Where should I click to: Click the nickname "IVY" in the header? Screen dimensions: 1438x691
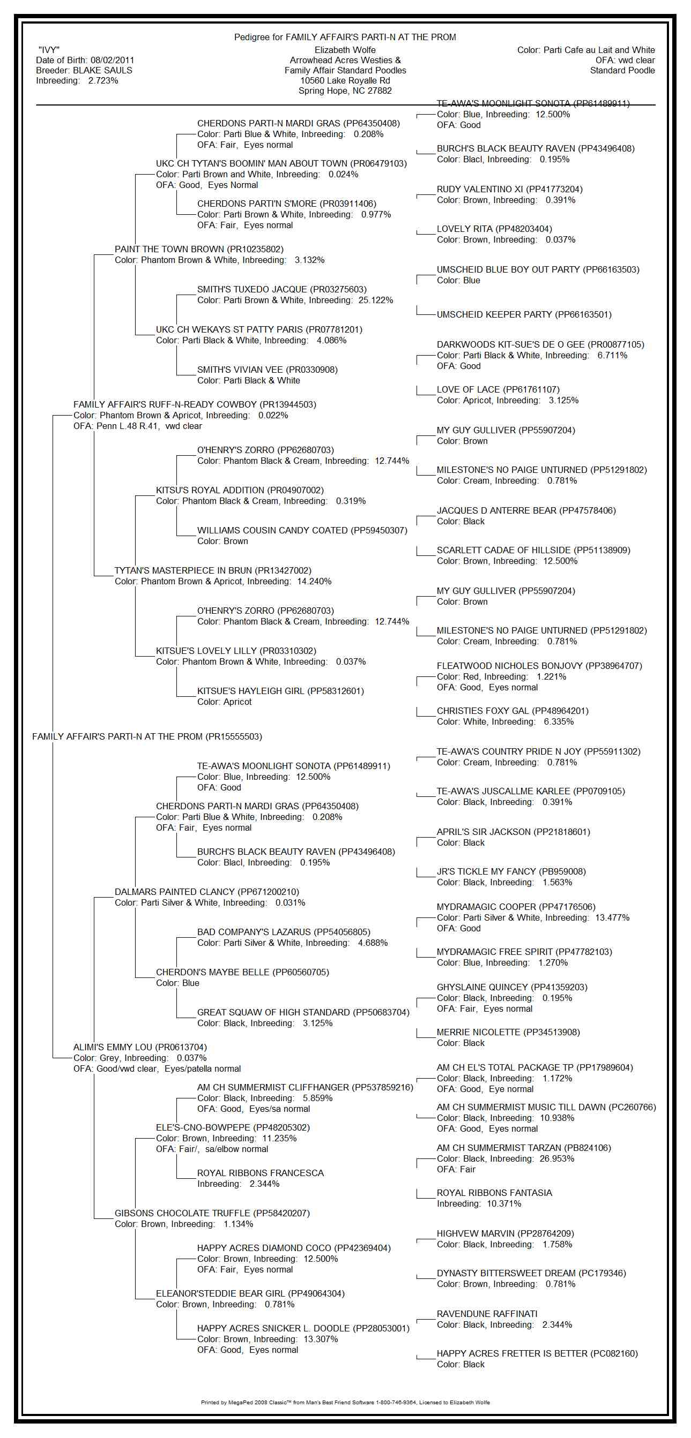49,50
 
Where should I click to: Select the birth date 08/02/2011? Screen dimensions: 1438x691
112,61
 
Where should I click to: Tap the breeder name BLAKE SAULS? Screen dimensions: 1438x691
103,70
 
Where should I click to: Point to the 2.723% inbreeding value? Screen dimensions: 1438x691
103,80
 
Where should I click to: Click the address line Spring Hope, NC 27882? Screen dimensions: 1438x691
345,91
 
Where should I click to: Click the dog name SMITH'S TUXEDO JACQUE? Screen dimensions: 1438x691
252,289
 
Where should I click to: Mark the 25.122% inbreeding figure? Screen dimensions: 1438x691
376,300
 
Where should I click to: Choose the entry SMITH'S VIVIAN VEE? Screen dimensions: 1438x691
240,370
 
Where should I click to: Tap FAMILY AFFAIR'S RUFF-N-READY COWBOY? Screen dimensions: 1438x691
165,404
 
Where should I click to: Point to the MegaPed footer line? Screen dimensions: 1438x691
345,1402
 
